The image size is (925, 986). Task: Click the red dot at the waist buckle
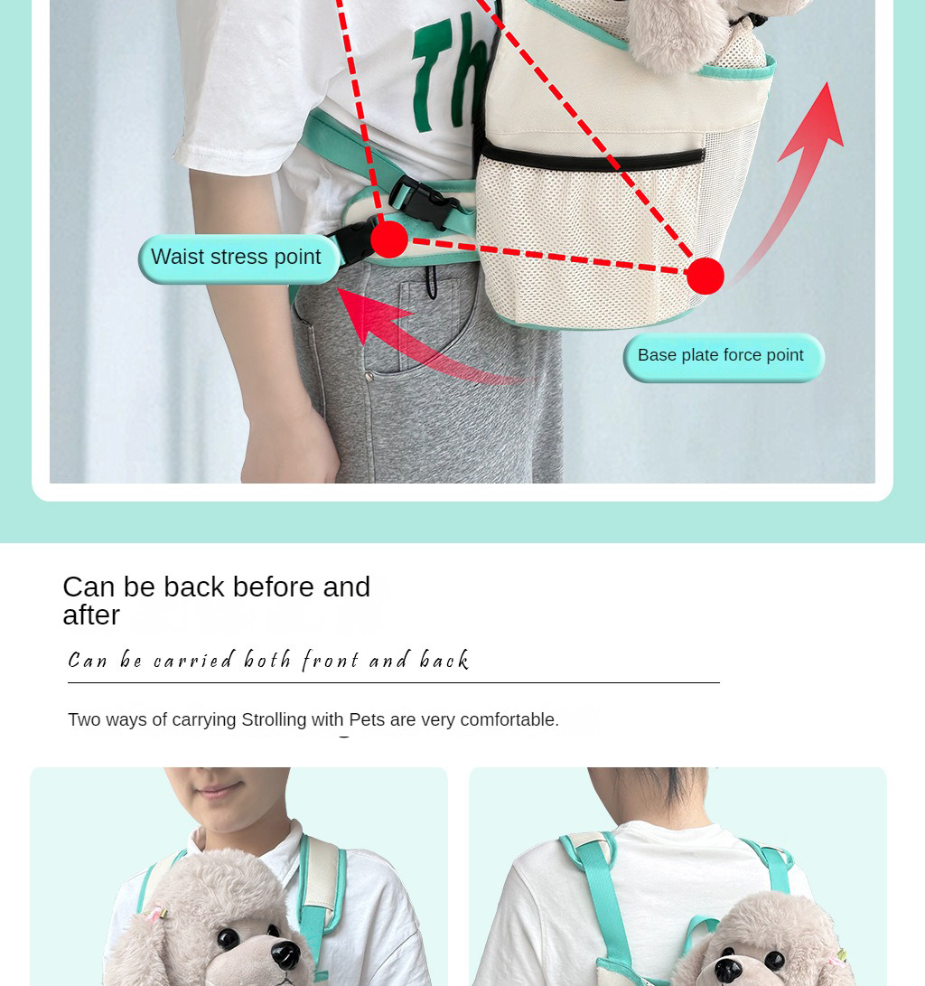[x=389, y=239]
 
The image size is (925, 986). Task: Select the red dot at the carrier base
[x=705, y=276]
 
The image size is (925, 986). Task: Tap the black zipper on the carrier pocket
[x=593, y=158]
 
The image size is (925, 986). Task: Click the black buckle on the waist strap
[x=425, y=202]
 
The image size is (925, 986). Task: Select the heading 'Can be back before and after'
[x=217, y=600]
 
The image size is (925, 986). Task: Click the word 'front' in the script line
[x=330, y=661]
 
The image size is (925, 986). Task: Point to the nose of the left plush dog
[x=286, y=954]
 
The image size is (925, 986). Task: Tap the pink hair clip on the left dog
[x=156, y=913]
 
